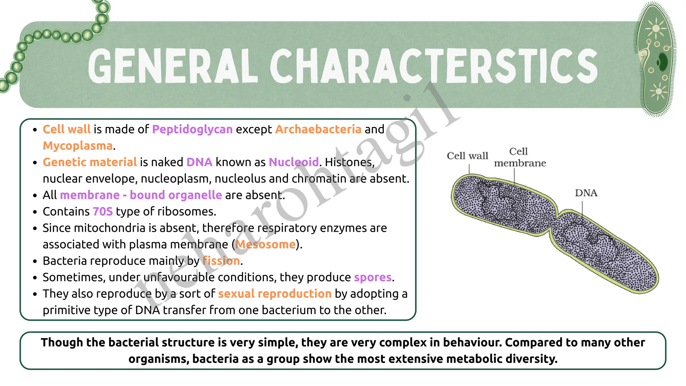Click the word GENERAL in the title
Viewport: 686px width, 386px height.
pyautogui.click(x=173, y=66)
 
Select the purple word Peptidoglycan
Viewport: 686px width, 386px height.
pyautogui.click(x=192, y=129)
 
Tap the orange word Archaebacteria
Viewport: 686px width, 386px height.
pyautogui.click(x=318, y=129)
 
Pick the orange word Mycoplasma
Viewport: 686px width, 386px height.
pyautogui.click(x=78, y=146)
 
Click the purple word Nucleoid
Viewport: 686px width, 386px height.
pyautogui.click(x=293, y=162)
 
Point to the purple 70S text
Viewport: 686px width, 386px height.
pyautogui.click(x=102, y=211)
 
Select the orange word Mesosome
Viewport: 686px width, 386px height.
pyautogui.click(x=266, y=244)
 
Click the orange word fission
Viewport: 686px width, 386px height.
pyautogui.click(x=221, y=261)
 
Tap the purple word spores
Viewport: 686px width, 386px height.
pyautogui.click(x=373, y=277)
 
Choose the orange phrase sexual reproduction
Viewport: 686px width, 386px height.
pyautogui.click(x=275, y=294)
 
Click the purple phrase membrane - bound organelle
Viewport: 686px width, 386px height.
pyautogui.click(x=141, y=195)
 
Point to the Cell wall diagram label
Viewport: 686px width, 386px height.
pyautogui.click(x=467, y=156)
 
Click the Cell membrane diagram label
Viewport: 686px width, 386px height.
pyautogui.click(x=520, y=157)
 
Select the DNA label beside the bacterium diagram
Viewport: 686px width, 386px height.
pyautogui.click(x=586, y=193)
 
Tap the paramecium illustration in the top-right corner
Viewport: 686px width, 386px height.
pyautogui.click(x=655, y=59)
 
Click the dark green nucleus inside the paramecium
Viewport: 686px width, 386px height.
pyautogui.click(x=662, y=62)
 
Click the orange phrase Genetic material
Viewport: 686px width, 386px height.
pyautogui.click(x=90, y=162)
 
